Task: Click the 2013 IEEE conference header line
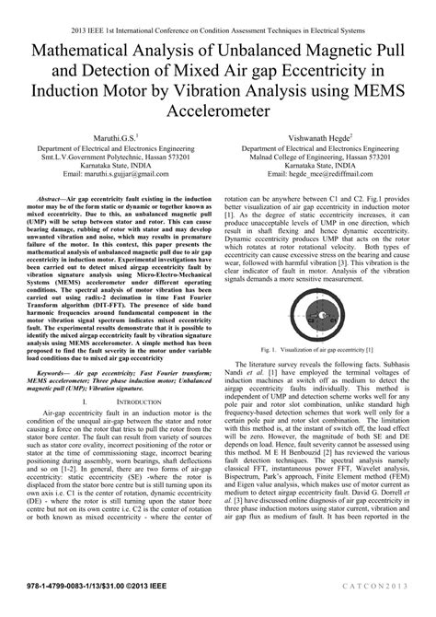click(x=218, y=11)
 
